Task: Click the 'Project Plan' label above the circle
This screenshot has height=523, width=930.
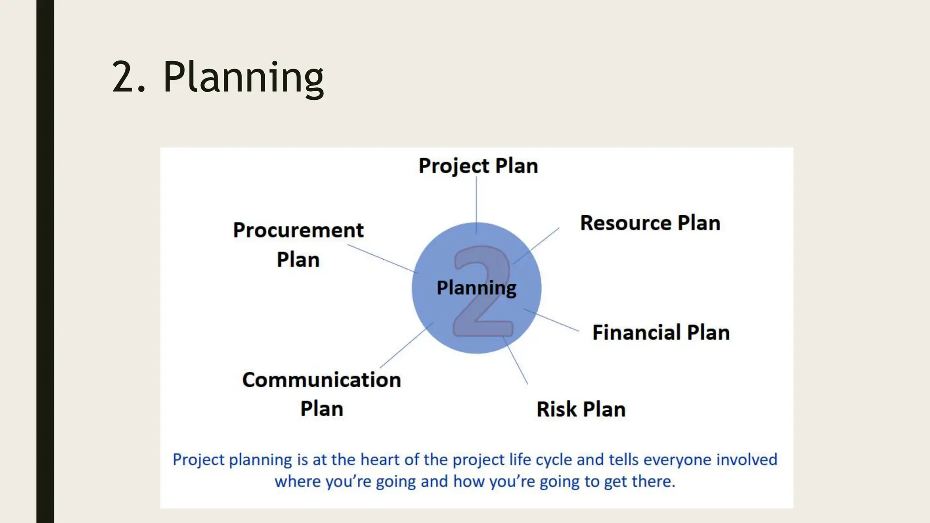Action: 478,166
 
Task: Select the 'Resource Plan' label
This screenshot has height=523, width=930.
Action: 650,223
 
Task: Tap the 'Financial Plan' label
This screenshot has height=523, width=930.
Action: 661,333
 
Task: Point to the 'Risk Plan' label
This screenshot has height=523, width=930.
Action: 581,410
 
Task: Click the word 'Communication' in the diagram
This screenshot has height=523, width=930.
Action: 322,380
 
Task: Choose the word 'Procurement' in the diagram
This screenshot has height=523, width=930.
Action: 298,231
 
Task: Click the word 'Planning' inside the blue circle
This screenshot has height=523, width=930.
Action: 476,288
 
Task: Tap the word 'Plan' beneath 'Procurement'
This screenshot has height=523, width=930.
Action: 298,260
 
